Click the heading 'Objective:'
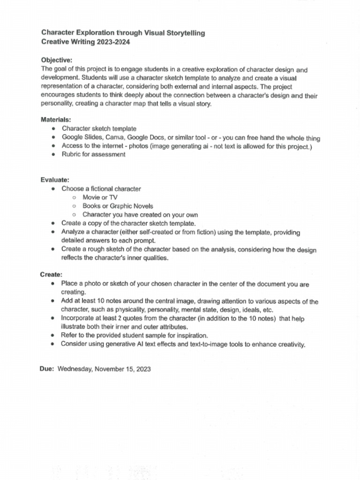click(x=57, y=60)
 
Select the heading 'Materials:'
click(x=56, y=120)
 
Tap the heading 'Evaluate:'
click(x=55, y=180)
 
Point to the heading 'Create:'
click(x=51, y=275)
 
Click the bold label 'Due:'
click(x=47, y=369)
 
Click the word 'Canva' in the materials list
click(x=115, y=137)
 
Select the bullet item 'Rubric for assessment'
click(x=93, y=155)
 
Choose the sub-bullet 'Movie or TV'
click(x=100, y=197)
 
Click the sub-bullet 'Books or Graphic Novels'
click(x=118, y=206)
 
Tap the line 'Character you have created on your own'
click(x=140, y=215)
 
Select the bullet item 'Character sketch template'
click(x=99, y=128)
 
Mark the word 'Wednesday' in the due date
click(x=75, y=369)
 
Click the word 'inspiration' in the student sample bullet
click(x=190, y=336)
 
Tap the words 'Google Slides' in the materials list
click(x=81, y=137)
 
